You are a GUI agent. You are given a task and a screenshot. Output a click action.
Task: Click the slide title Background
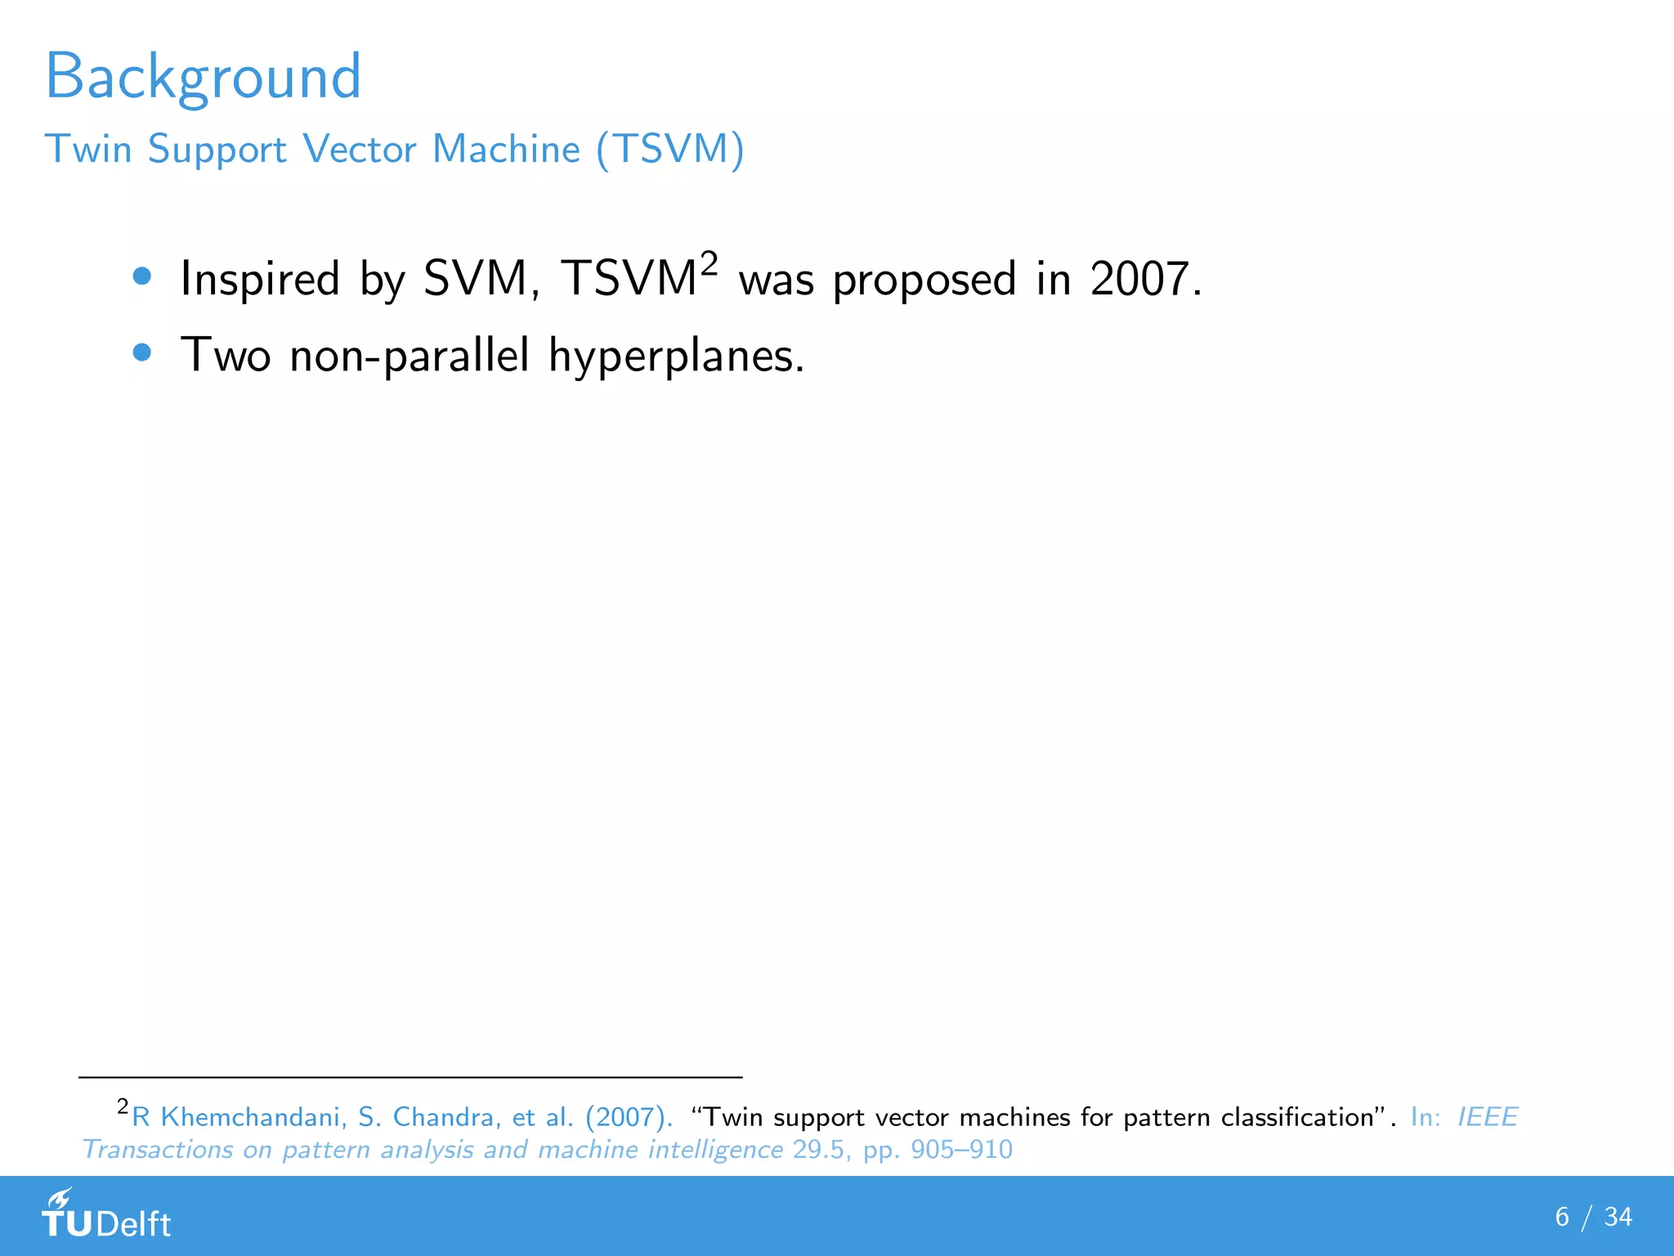[x=203, y=77]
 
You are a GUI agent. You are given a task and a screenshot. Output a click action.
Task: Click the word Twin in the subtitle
[x=88, y=150]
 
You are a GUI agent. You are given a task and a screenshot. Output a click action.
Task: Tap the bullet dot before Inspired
[x=142, y=276]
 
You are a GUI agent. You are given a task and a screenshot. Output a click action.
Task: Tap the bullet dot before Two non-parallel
[x=142, y=352]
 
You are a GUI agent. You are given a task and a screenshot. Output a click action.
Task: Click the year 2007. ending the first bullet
[x=1145, y=279]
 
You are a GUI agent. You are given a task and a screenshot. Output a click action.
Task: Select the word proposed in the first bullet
[x=924, y=280]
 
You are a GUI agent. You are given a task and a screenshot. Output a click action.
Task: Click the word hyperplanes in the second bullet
[x=676, y=357]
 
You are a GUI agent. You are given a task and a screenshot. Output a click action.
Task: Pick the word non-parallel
[x=410, y=357]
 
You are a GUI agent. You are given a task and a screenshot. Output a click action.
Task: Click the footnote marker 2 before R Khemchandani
[x=123, y=1106]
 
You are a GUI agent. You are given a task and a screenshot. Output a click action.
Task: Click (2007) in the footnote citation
[x=628, y=1117]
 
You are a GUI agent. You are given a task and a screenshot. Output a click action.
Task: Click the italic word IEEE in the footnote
[x=1487, y=1117]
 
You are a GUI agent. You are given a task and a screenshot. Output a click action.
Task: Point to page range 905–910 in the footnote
[x=961, y=1150]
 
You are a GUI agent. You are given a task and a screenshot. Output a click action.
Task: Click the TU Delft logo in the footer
[x=106, y=1215]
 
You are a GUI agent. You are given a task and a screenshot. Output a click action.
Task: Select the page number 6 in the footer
[x=1562, y=1217]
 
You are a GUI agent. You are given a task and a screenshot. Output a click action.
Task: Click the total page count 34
[x=1618, y=1217]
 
